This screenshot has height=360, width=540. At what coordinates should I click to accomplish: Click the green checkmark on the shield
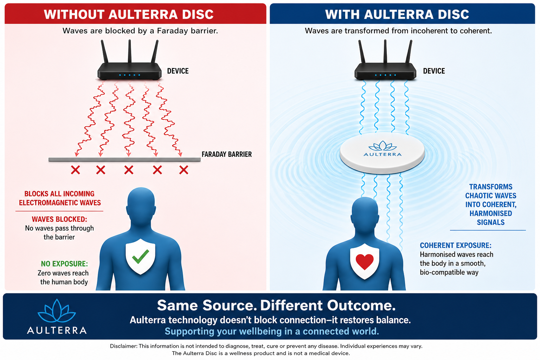tap(141, 257)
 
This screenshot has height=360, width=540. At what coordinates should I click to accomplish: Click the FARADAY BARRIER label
tap(227, 154)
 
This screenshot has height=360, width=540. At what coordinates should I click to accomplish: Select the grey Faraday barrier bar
tap(124, 159)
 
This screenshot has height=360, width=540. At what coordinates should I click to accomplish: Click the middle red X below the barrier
tap(129, 170)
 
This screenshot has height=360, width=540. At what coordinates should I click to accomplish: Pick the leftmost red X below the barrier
tap(76, 170)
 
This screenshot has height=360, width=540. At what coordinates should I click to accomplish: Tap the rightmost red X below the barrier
tap(184, 170)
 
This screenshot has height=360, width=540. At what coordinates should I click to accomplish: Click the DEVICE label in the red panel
tap(178, 71)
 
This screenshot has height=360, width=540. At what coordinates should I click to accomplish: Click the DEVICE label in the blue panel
tap(434, 71)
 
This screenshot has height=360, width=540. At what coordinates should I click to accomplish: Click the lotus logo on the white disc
tap(382, 146)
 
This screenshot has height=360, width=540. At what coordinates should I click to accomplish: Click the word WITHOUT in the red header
tap(74, 14)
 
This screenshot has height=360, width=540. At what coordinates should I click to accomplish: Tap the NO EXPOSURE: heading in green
tap(64, 264)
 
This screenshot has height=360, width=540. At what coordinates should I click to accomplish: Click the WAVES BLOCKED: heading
tap(59, 219)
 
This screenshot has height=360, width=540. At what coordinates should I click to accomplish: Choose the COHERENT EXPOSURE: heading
tap(456, 245)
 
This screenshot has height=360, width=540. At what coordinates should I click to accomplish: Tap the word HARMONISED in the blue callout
tap(490, 213)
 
